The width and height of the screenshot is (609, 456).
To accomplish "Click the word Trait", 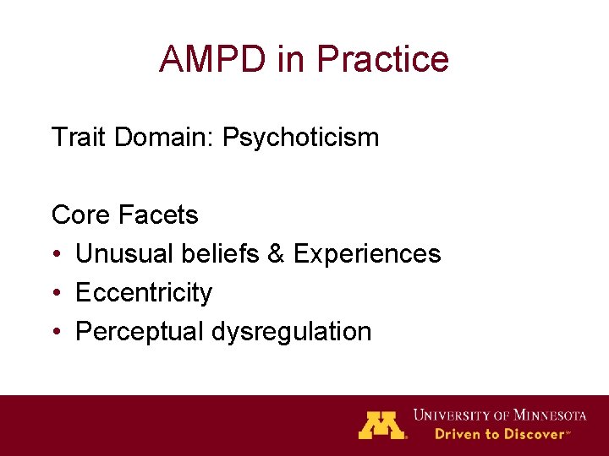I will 80,137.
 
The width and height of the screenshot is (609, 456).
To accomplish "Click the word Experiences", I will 367,253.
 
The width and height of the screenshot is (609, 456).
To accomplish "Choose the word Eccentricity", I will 144,293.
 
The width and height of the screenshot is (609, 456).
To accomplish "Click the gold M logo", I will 381,424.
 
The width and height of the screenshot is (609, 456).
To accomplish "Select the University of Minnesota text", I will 499,415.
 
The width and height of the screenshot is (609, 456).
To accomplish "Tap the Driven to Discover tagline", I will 501,434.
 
